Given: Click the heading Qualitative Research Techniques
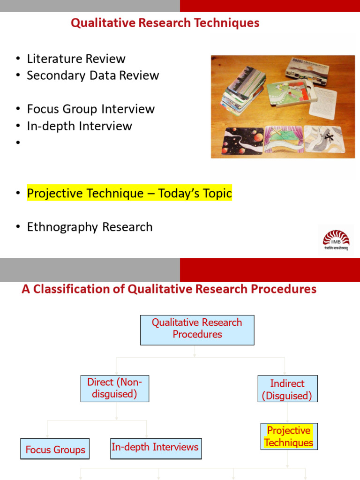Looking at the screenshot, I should click(165, 23).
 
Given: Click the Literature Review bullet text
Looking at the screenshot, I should click(76, 59).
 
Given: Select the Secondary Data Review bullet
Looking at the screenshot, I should click(93, 75).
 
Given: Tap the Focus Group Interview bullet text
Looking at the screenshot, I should click(90, 109).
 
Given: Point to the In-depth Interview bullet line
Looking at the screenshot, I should click(79, 126).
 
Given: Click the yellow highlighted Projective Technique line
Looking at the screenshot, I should click(129, 193).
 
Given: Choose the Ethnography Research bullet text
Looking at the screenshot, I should click(90, 227).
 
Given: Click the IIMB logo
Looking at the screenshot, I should click(336, 240).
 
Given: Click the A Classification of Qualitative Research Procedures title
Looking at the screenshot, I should click(169, 289).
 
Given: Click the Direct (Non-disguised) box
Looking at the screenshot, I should click(114, 388).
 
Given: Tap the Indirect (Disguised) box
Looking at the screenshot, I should click(287, 389).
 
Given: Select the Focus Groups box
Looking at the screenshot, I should click(55, 450).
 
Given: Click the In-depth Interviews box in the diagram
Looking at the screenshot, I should click(155, 448).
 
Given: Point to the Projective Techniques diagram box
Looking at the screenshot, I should click(289, 436).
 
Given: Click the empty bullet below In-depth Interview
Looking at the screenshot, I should click(18, 143).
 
